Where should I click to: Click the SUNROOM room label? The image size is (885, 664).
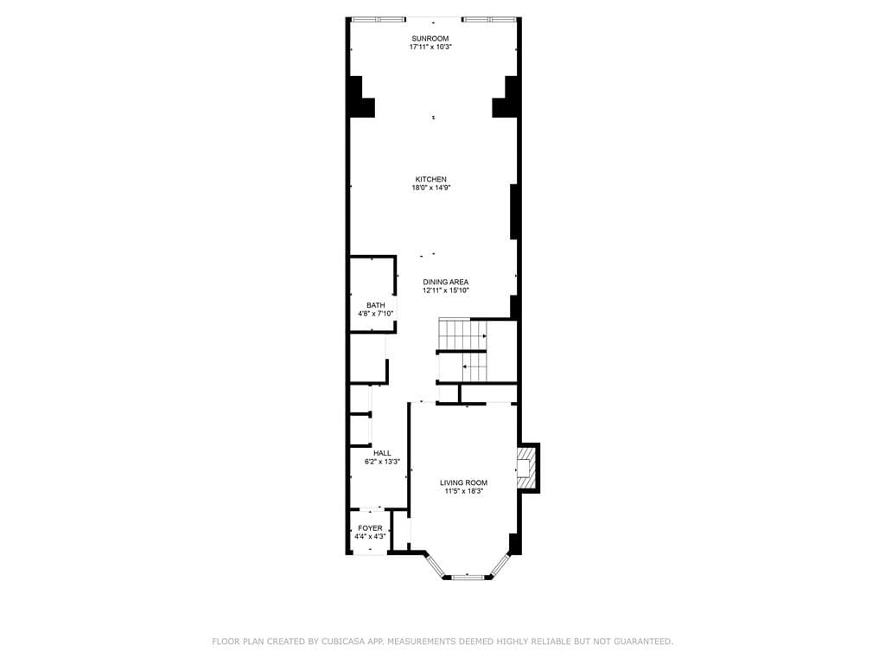(430, 38)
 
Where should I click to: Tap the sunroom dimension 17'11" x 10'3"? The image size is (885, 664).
(430, 47)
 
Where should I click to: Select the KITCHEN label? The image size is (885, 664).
(430, 179)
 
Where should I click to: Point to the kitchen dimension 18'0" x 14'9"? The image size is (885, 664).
(430, 188)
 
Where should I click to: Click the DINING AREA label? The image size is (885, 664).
(445, 282)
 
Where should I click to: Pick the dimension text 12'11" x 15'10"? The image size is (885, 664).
(445, 290)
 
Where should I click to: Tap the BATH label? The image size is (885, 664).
(375, 304)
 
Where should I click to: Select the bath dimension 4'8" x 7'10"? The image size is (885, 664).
(375, 313)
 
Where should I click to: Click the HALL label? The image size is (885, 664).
(382, 452)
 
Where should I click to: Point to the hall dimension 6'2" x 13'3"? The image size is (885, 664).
(382, 462)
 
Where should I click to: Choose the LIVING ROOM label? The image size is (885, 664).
(463, 482)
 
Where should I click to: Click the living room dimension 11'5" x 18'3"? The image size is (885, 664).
(463, 491)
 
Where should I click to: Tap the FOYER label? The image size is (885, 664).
(370, 528)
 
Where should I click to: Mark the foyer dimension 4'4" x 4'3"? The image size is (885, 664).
(370, 537)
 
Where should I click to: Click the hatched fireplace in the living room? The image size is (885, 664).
(525, 467)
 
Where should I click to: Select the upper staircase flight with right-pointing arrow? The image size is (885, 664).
(462, 335)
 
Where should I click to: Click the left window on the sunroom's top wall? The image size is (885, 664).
(379, 19)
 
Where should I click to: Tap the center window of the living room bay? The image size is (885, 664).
(467, 576)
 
